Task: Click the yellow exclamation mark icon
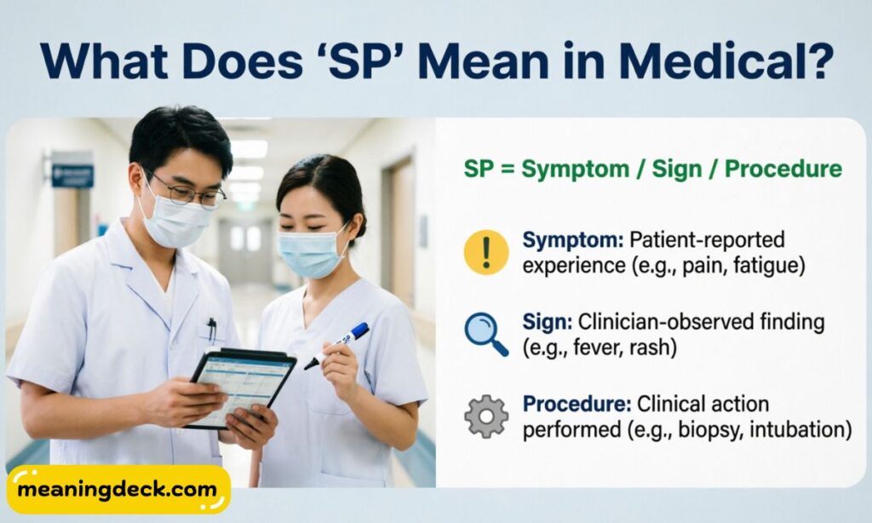[486, 252]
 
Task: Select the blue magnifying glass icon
[486, 334]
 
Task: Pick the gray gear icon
[486, 416]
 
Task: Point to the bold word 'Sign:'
[548, 322]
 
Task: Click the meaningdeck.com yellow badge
[118, 490]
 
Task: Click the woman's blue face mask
[313, 253]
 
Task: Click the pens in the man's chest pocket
[211, 328]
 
